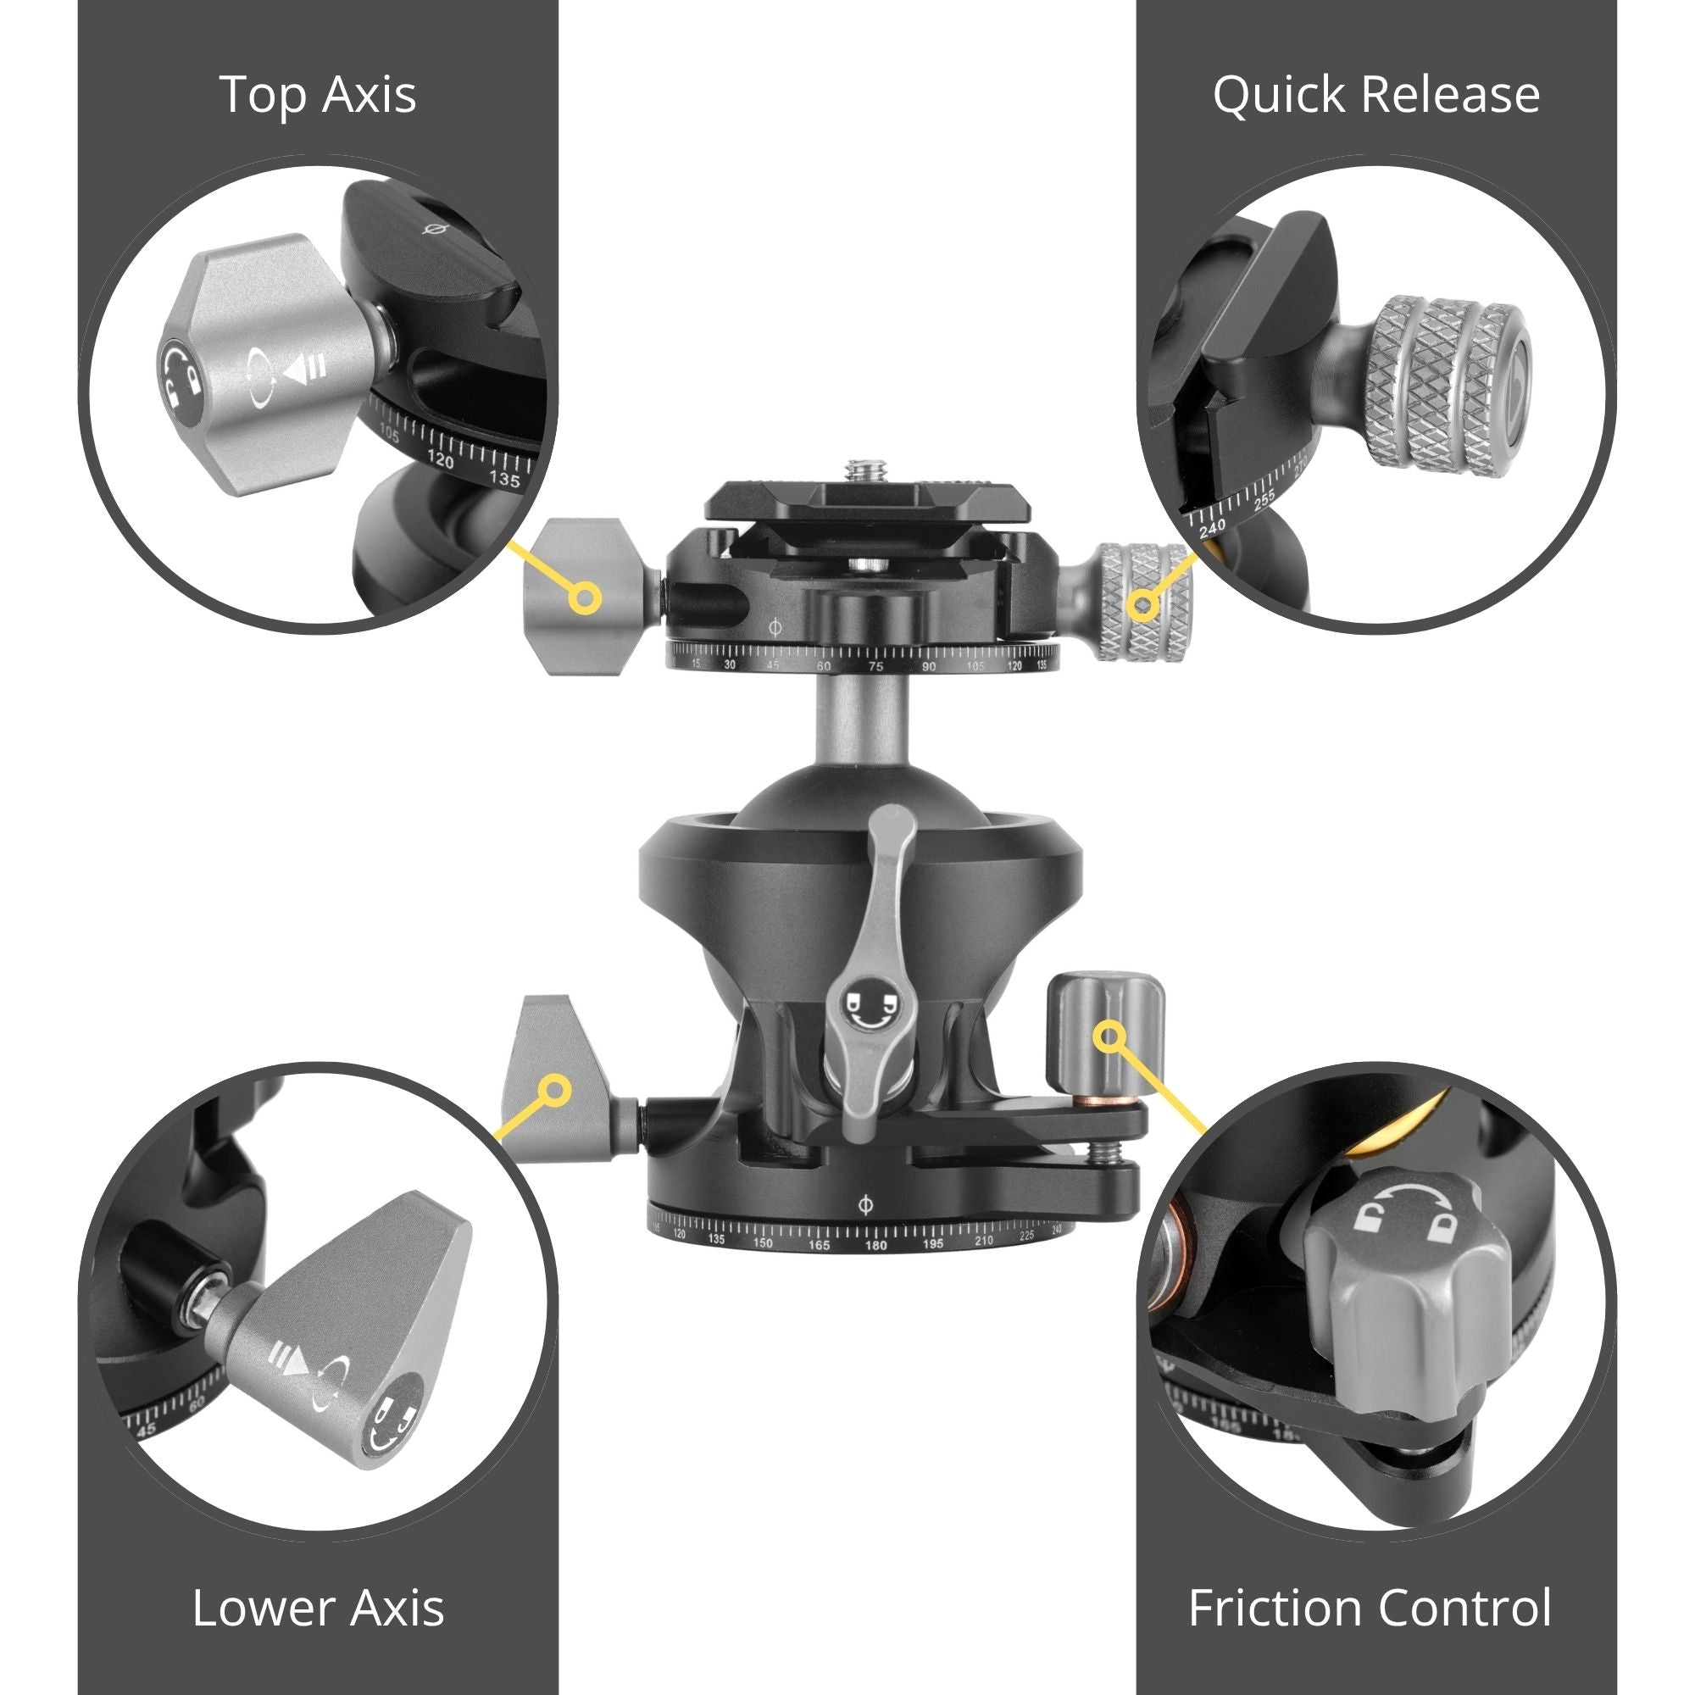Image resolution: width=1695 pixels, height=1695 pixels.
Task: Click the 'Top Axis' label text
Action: [318, 95]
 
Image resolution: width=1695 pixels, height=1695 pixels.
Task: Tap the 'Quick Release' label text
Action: [1375, 96]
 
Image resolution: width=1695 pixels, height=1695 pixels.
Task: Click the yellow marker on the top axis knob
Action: [584, 598]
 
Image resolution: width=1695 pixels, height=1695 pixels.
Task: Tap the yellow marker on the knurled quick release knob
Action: [1144, 603]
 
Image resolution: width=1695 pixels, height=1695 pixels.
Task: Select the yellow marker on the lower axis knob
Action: [554, 1091]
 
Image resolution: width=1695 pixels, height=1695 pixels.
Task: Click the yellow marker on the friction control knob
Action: [1110, 1036]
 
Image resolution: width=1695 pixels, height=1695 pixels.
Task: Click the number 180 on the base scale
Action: [875, 1245]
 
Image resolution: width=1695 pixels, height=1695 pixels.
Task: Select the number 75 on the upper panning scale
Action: [875, 667]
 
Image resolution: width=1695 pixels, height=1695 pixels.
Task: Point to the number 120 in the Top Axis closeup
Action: [441, 459]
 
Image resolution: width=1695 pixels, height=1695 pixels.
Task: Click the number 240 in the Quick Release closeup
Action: [1212, 527]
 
